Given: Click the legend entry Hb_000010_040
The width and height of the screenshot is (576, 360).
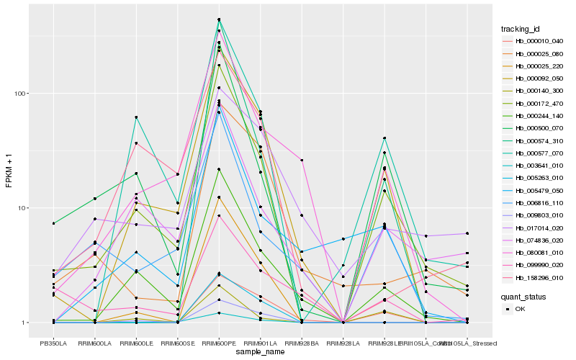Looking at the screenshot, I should [x=534, y=41].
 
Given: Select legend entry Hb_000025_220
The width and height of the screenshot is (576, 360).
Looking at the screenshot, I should [x=534, y=66].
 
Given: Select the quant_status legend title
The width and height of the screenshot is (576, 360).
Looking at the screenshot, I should [x=524, y=296].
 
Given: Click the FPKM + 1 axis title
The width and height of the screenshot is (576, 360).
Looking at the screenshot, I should [x=9, y=170].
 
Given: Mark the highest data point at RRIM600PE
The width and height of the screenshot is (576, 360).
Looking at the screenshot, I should [x=219, y=19].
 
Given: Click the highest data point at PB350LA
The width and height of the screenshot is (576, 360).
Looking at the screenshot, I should [x=53, y=223].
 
